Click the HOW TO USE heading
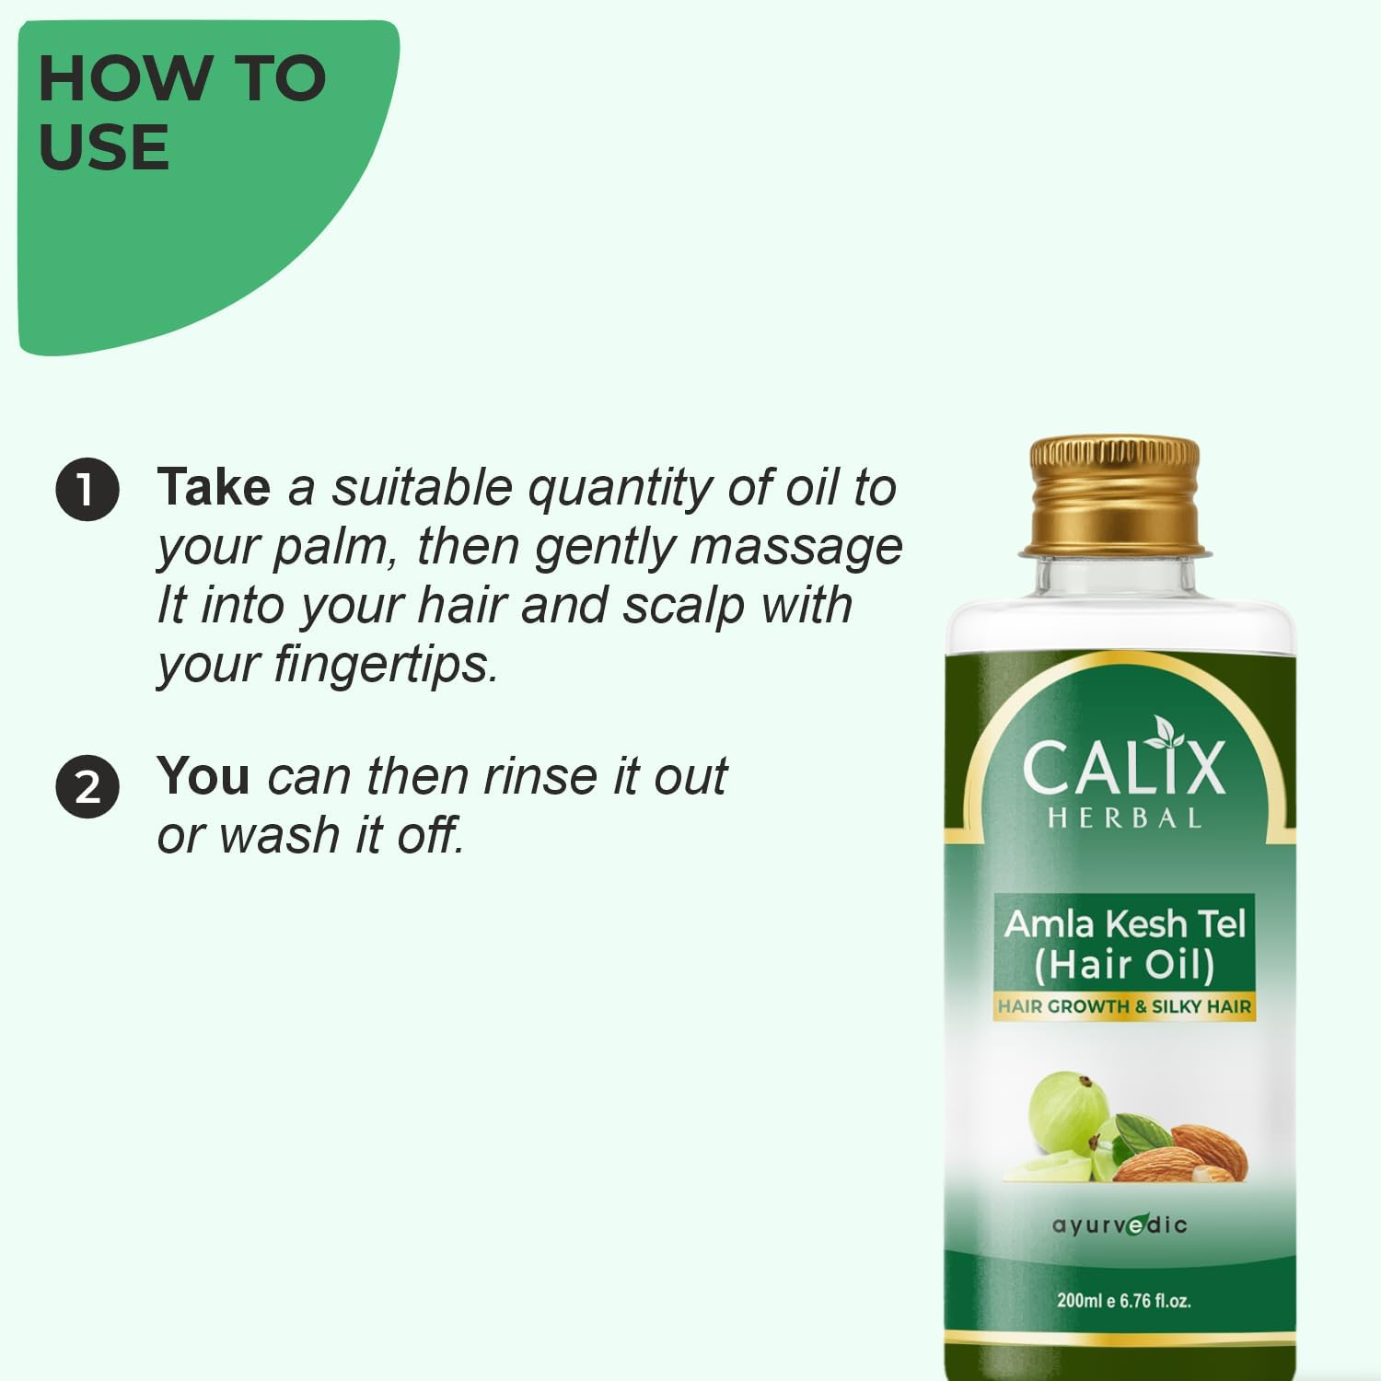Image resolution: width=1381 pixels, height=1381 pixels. (x=181, y=112)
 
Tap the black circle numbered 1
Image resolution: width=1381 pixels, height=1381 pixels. (x=87, y=489)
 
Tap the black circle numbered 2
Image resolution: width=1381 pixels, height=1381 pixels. (x=87, y=787)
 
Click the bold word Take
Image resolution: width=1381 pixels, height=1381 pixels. (x=214, y=487)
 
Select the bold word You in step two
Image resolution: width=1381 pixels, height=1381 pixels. (x=203, y=776)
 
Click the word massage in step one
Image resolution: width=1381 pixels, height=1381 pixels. (x=796, y=546)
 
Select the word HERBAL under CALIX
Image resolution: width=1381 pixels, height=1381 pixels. (x=1124, y=818)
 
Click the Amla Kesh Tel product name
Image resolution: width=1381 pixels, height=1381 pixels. (x=1124, y=923)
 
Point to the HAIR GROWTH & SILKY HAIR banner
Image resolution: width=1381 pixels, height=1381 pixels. (x=1124, y=1006)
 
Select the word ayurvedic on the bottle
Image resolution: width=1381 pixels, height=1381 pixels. (x=1120, y=1224)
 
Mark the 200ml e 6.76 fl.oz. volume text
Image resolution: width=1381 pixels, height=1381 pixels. (x=1123, y=1301)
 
